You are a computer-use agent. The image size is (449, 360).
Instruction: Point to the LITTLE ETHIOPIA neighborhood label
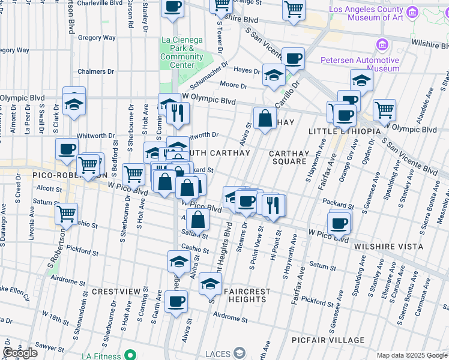pyautogui.click(x=345, y=131)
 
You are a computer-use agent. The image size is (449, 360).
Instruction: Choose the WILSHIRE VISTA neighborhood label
pyautogui.click(x=388, y=247)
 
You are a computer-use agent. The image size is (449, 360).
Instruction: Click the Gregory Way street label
pyautogui.click(x=97, y=38)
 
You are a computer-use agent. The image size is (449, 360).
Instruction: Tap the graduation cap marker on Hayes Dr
pyautogui.click(x=274, y=76)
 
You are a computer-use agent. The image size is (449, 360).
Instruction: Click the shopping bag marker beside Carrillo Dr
pyautogui.click(x=264, y=118)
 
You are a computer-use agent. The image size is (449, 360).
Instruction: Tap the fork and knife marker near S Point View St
pyautogui.click(x=274, y=205)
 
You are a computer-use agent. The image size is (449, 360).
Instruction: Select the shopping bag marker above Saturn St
pyautogui.click(x=197, y=220)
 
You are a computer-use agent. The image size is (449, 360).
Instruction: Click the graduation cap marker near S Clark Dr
pyautogui.click(x=74, y=103)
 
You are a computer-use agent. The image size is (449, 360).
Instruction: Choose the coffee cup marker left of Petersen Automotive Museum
pyautogui.click(x=293, y=58)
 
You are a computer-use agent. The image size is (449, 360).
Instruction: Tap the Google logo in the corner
pyautogui.click(x=20, y=353)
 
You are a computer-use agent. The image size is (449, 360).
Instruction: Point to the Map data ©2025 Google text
pyautogui.click(x=411, y=355)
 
